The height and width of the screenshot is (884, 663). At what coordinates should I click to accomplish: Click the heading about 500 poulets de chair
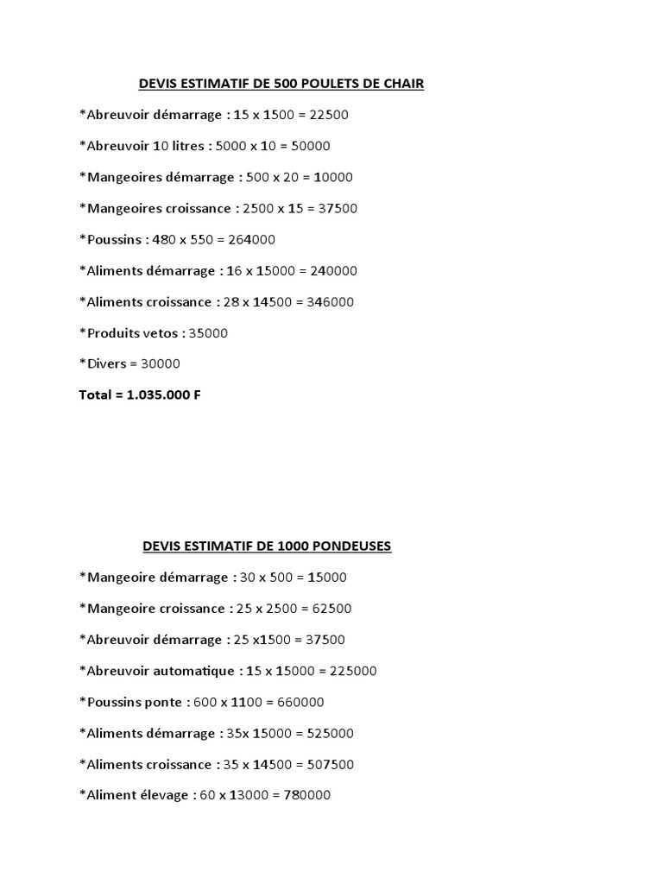tap(281, 84)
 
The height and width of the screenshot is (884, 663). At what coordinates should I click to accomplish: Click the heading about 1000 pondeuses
tap(267, 546)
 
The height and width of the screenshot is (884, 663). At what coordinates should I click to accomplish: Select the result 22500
tap(329, 115)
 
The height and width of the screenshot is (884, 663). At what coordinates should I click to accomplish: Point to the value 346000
tap(325, 301)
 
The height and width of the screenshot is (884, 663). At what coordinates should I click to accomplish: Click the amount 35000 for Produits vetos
tap(208, 332)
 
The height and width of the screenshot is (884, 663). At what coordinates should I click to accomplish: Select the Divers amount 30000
tap(159, 363)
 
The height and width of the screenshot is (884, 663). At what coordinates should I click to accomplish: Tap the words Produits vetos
tap(134, 332)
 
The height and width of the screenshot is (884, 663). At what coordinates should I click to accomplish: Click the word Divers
tap(106, 363)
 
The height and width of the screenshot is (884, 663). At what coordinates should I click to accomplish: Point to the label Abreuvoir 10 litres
tap(144, 146)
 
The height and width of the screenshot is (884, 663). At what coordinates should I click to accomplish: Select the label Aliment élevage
tap(136, 795)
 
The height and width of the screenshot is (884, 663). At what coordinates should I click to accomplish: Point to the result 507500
tap(325, 764)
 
